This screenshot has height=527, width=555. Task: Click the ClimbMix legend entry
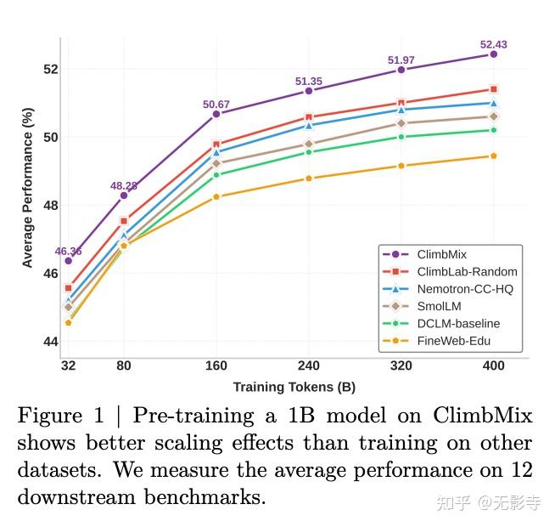point(441,254)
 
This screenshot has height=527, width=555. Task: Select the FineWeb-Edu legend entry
point(453,341)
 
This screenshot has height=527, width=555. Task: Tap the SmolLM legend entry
point(439,306)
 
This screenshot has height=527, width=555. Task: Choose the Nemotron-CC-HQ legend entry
point(464,289)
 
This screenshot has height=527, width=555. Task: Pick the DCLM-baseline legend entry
point(458,323)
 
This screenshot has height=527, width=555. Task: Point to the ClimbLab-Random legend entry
point(467,272)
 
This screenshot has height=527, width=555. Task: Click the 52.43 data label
point(493,44)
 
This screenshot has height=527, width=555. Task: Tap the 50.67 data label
point(216,105)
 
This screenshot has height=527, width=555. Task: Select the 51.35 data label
point(309,82)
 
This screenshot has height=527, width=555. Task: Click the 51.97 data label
point(401,60)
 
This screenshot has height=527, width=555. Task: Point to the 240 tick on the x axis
point(309,366)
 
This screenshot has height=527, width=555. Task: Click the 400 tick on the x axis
point(493,366)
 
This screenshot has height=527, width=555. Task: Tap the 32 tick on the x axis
point(68,366)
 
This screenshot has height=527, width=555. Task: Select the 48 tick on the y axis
point(49,205)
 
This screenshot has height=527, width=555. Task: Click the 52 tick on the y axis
point(49,69)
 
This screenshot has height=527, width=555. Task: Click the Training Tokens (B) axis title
point(294,387)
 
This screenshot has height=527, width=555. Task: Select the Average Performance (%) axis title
point(28,188)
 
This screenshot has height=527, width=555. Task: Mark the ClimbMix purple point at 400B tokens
point(493,54)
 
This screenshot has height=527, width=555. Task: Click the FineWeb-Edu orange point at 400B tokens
point(493,156)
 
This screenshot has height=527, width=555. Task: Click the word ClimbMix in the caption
point(483,416)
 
